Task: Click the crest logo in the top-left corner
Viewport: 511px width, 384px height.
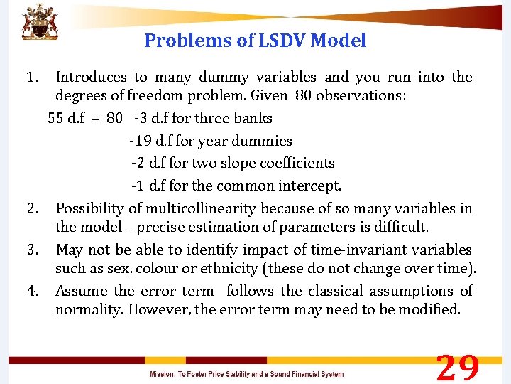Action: pos(39,22)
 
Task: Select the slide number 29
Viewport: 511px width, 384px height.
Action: pos(458,368)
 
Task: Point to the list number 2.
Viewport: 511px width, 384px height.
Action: pos(31,208)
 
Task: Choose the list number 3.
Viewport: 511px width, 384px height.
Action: pos(31,250)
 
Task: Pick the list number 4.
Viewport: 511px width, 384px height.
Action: pos(31,291)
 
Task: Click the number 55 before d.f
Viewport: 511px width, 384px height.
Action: pos(57,118)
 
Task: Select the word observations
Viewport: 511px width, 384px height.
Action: pos(362,95)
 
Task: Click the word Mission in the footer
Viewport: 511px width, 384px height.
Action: pos(164,374)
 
